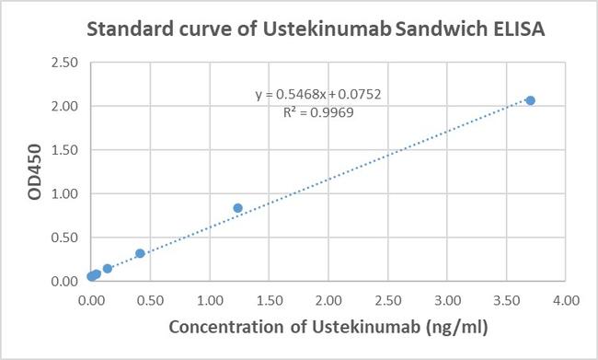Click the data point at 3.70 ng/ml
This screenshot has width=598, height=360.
point(530,100)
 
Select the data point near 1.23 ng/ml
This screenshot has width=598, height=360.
point(237,208)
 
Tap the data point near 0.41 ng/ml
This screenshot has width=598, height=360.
point(140,253)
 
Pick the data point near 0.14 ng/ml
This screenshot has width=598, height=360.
point(108,269)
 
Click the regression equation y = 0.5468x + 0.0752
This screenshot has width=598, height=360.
point(318,95)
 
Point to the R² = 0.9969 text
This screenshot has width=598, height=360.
point(318,112)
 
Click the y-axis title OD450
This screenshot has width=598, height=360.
point(36,172)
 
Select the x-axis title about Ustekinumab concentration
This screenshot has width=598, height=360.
point(329,327)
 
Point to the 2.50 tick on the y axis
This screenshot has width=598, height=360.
point(63,63)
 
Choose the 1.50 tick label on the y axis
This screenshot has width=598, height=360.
point(63,150)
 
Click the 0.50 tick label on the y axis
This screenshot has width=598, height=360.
point(63,238)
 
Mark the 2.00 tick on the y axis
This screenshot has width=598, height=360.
point(63,107)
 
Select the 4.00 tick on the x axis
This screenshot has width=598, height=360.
point(566,299)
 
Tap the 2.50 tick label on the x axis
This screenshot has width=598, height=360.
point(387,299)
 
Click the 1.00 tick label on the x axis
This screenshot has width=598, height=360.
point(210,299)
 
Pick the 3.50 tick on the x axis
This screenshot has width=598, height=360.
point(506,299)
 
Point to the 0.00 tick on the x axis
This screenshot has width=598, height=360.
point(91,299)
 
